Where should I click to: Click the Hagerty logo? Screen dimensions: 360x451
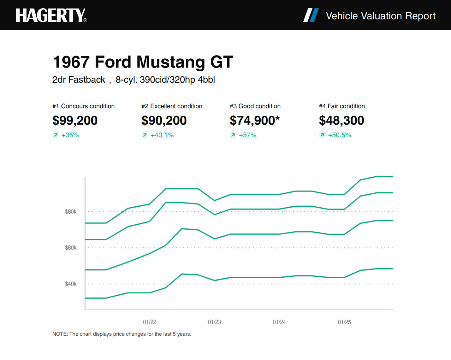click(x=51, y=15)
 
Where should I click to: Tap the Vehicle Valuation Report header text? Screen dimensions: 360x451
click(x=380, y=16)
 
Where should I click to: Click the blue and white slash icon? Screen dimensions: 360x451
click(x=311, y=15)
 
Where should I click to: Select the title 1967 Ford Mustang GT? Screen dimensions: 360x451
click(x=143, y=62)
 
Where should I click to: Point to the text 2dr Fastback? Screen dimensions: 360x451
click(x=79, y=80)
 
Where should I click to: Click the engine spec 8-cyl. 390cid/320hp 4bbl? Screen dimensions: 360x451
click(x=165, y=80)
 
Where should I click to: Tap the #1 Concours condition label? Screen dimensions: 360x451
click(x=83, y=106)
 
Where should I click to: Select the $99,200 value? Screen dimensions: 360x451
click(x=75, y=120)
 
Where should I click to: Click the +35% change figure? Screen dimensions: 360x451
click(x=70, y=135)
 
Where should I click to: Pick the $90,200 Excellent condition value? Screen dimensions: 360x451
click(x=164, y=120)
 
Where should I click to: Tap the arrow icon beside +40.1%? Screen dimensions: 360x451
click(x=145, y=135)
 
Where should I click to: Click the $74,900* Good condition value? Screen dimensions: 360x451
click(x=255, y=120)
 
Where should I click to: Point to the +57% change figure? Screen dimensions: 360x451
click(x=247, y=135)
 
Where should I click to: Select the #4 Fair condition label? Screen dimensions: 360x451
click(x=342, y=106)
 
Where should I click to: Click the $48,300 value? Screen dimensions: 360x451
click(x=341, y=120)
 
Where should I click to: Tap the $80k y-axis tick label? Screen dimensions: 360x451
click(x=71, y=212)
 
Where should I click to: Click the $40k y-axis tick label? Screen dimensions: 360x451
click(x=71, y=284)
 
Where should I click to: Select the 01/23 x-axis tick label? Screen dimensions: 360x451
click(x=215, y=322)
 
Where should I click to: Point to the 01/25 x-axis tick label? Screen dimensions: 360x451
click(x=344, y=322)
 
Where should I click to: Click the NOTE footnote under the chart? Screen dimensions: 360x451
click(x=122, y=334)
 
